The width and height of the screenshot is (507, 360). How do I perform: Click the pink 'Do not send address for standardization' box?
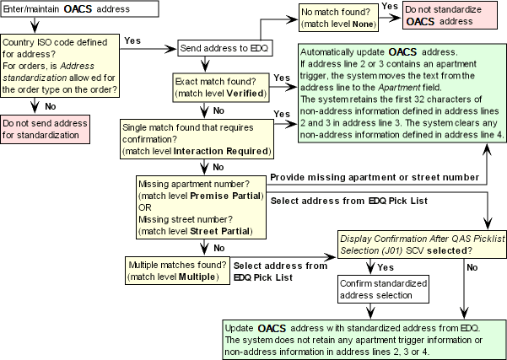46,131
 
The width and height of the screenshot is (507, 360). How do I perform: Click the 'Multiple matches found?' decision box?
176,271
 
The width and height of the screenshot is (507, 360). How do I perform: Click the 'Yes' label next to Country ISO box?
132,40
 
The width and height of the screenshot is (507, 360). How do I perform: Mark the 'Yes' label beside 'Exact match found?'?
282,78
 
